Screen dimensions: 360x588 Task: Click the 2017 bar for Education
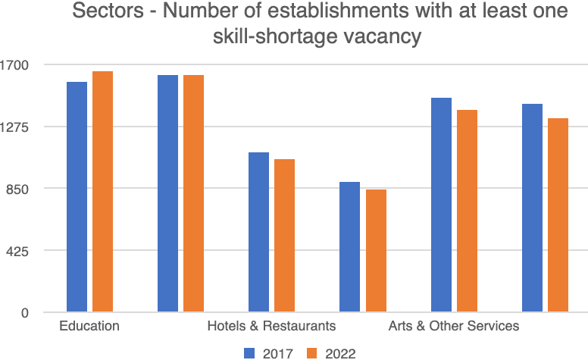(77, 197)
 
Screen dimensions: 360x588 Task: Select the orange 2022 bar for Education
(102, 192)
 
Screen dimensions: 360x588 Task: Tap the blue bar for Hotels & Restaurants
(259, 232)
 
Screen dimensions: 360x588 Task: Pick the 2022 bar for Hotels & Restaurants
(284, 236)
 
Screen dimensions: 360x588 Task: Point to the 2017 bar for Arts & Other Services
(441, 205)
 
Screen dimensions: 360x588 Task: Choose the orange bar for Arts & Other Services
(467, 211)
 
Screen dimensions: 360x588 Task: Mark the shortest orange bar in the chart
(376, 251)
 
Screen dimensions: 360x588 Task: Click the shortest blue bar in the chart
(350, 247)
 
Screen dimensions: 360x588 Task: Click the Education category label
(89, 327)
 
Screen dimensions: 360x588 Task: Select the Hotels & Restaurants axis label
(271, 327)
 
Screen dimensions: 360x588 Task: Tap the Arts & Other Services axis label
(453, 327)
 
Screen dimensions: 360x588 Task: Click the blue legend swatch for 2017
(251, 352)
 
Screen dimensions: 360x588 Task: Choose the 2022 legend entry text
(340, 352)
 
